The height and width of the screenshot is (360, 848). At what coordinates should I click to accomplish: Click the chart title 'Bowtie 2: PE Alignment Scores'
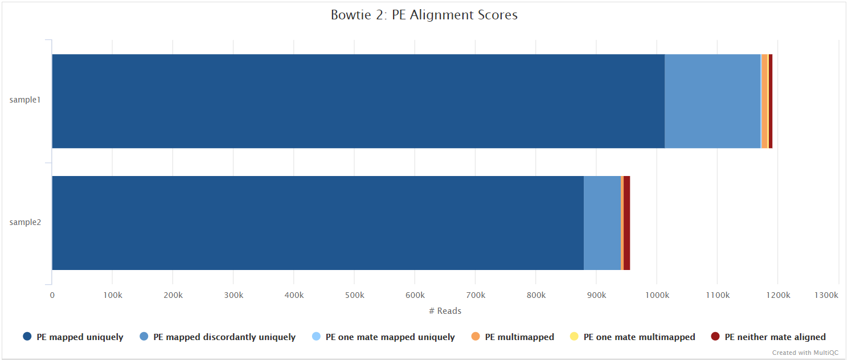coord(424,15)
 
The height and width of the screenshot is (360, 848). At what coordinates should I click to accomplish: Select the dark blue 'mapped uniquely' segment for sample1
coord(358,101)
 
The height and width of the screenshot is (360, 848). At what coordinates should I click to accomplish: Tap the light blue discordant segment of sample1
coord(712,101)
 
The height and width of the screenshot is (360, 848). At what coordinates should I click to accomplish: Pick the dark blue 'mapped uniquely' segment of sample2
coord(317,223)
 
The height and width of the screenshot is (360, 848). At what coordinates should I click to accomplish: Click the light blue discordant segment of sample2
coord(602,223)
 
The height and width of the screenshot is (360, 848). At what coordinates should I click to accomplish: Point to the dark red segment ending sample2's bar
coord(626,223)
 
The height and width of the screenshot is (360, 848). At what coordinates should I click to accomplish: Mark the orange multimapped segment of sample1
coord(764,101)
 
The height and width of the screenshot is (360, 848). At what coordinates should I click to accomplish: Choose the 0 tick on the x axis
coord(52,295)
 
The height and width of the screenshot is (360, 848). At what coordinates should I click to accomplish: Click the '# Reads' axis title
coord(445,311)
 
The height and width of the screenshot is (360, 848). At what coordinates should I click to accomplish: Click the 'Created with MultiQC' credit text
coord(805,353)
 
